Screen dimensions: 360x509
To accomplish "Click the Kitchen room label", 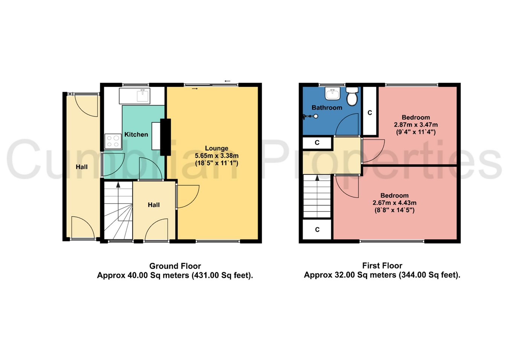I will (x=136, y=135).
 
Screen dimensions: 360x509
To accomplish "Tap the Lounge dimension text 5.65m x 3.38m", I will (x=216, y=156).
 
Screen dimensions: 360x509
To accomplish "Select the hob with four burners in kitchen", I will (x=113, y=141).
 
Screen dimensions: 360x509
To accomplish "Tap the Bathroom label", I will (x=327, y=108).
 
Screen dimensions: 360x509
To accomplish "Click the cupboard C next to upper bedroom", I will (x=369, y=113).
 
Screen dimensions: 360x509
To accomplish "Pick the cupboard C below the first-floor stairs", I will (x=317, y=230).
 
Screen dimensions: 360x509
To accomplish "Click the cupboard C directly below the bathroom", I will (x=317, y=143).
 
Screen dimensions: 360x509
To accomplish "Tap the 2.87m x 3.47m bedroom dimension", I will (x=415, y=125).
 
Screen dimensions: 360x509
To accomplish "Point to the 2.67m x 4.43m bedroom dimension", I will (x=394, y=203).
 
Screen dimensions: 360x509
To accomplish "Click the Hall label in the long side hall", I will (x=81, y=167).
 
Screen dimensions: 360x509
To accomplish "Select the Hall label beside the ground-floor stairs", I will (x=153, y=205).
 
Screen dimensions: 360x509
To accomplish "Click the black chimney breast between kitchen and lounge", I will (x=166, y=137).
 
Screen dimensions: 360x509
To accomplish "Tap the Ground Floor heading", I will (x=175, y=266).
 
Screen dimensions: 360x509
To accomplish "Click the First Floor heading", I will (x=382, y=266).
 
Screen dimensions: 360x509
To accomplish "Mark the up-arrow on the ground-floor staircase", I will (x=118, y=185).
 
